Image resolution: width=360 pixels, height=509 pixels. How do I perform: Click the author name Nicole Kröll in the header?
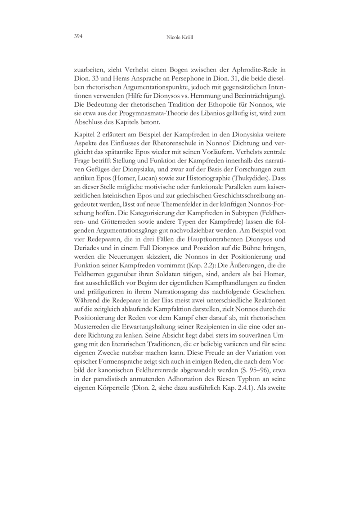click(180, 39)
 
